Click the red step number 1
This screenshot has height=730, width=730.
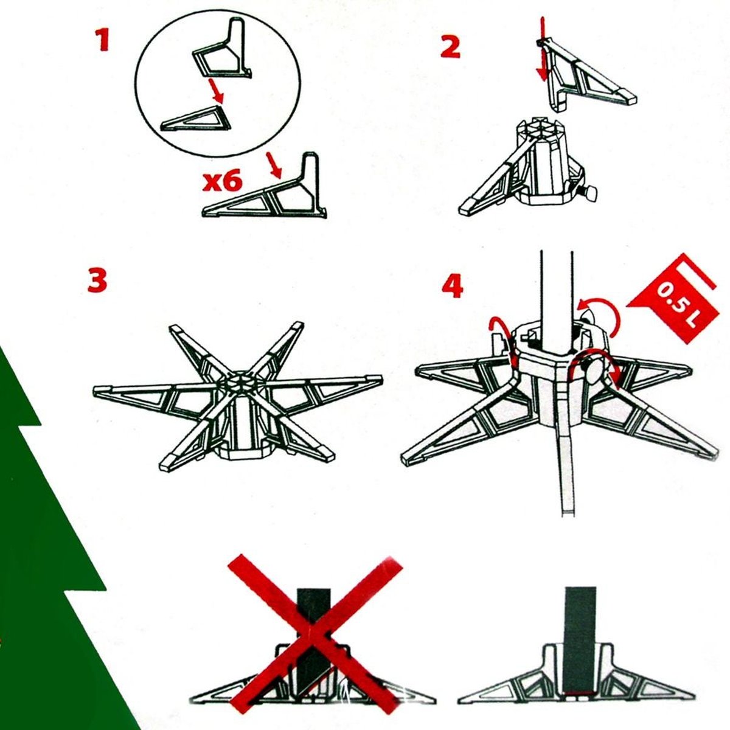[x=102, y=40]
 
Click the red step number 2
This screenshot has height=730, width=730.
[x=450, y=47]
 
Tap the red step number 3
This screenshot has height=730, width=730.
[x=97, y=279]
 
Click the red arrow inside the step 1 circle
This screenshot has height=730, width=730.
[x=215, y=91]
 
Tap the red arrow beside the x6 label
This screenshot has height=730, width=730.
[x=274, y=165]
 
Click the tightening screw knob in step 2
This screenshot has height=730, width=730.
[x=589, y=193]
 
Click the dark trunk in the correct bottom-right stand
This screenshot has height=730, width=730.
[x=580, y=630]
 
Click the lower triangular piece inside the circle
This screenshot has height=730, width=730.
[x=196, y=119]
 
